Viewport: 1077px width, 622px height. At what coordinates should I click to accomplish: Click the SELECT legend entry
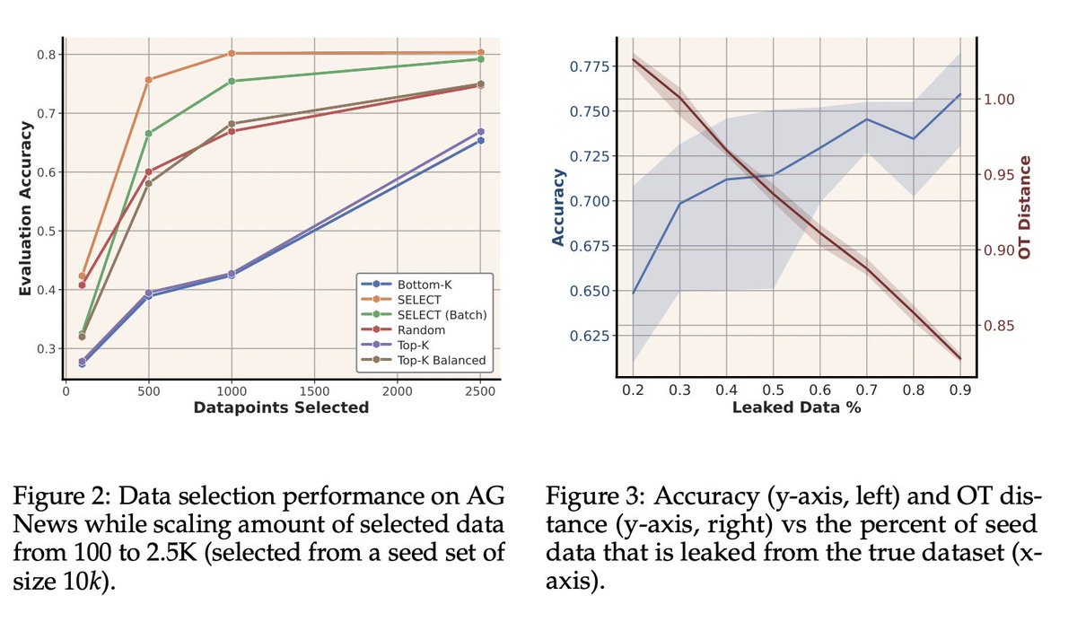pos(416,299)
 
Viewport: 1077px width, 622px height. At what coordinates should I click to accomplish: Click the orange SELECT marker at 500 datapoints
pos(148,80)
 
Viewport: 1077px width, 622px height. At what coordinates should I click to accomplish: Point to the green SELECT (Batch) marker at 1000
pos(232,81)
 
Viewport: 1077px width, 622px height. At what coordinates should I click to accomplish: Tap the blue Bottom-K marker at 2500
pos(480,140)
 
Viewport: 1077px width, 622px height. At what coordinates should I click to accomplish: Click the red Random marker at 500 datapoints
pos(148,171)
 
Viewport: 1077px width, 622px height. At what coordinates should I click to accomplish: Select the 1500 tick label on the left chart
pos(314,391)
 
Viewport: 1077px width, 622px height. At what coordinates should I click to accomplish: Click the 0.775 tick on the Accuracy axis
pos(589,66)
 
